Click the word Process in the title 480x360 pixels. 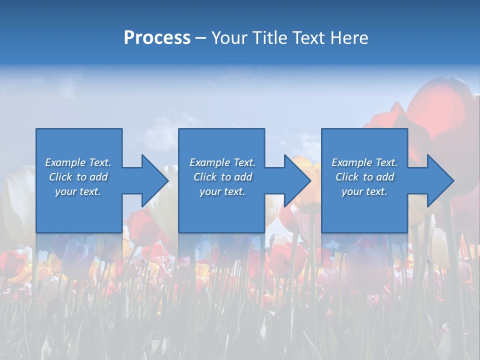coord(157,38)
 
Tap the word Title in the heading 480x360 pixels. coord(269,38)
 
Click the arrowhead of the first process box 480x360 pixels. coord(154,180)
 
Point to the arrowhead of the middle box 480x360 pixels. coord(297,180)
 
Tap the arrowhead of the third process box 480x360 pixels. coord(440,180)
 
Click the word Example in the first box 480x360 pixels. coord(65,162)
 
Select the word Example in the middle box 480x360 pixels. coord(210,162)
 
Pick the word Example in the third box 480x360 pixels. coord(352,162)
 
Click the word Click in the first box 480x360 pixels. coord(60,177)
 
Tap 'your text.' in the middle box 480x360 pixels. coord(222,191)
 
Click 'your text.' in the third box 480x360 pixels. coord(364,191)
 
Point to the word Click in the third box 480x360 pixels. coord(347,177)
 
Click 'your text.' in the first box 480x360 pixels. coord(77,191)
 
